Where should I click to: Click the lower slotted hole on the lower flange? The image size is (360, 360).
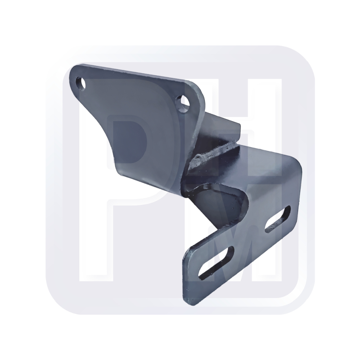[216, 262]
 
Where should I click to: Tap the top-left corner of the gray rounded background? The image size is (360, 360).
[58, 58]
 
